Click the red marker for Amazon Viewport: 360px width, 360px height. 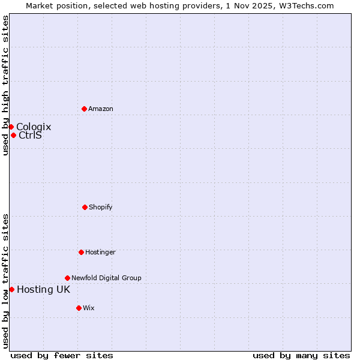click(84, 109)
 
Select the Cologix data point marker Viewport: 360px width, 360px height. click(11, 127)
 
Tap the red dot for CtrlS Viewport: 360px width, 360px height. click(13, 135)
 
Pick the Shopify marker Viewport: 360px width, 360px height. click(85, 207)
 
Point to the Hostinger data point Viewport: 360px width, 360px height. click(81, 252)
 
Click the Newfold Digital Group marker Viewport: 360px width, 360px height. click(67, 278)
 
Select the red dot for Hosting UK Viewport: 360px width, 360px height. click(11, 289)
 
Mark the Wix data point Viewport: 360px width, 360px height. click(79, 308)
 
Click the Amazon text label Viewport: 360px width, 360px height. click(101, 109)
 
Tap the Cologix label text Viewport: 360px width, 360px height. click(34, 127)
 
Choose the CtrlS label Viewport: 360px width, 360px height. click(31, 135)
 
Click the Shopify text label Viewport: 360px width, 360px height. click(101, 207)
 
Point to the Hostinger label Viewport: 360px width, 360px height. click(100, 252)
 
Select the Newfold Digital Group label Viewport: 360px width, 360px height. click(106, 278)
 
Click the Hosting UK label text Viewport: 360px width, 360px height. click(43, 289)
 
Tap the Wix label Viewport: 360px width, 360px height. click(89, 308)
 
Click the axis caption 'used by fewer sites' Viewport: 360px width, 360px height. click(62, 355)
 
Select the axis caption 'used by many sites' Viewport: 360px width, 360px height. click(301, 355)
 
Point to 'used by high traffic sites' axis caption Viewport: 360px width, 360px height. click(5, 85)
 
